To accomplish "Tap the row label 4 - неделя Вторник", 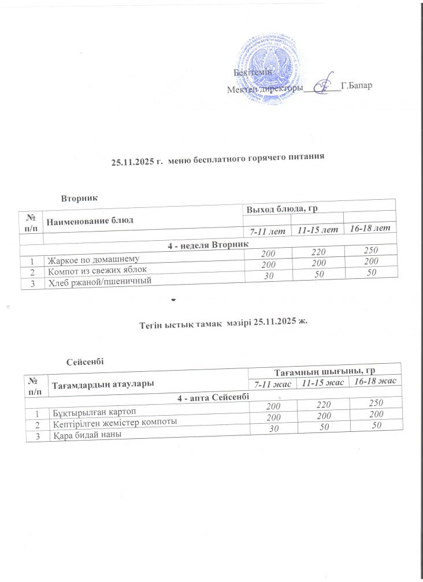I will (209, 246).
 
